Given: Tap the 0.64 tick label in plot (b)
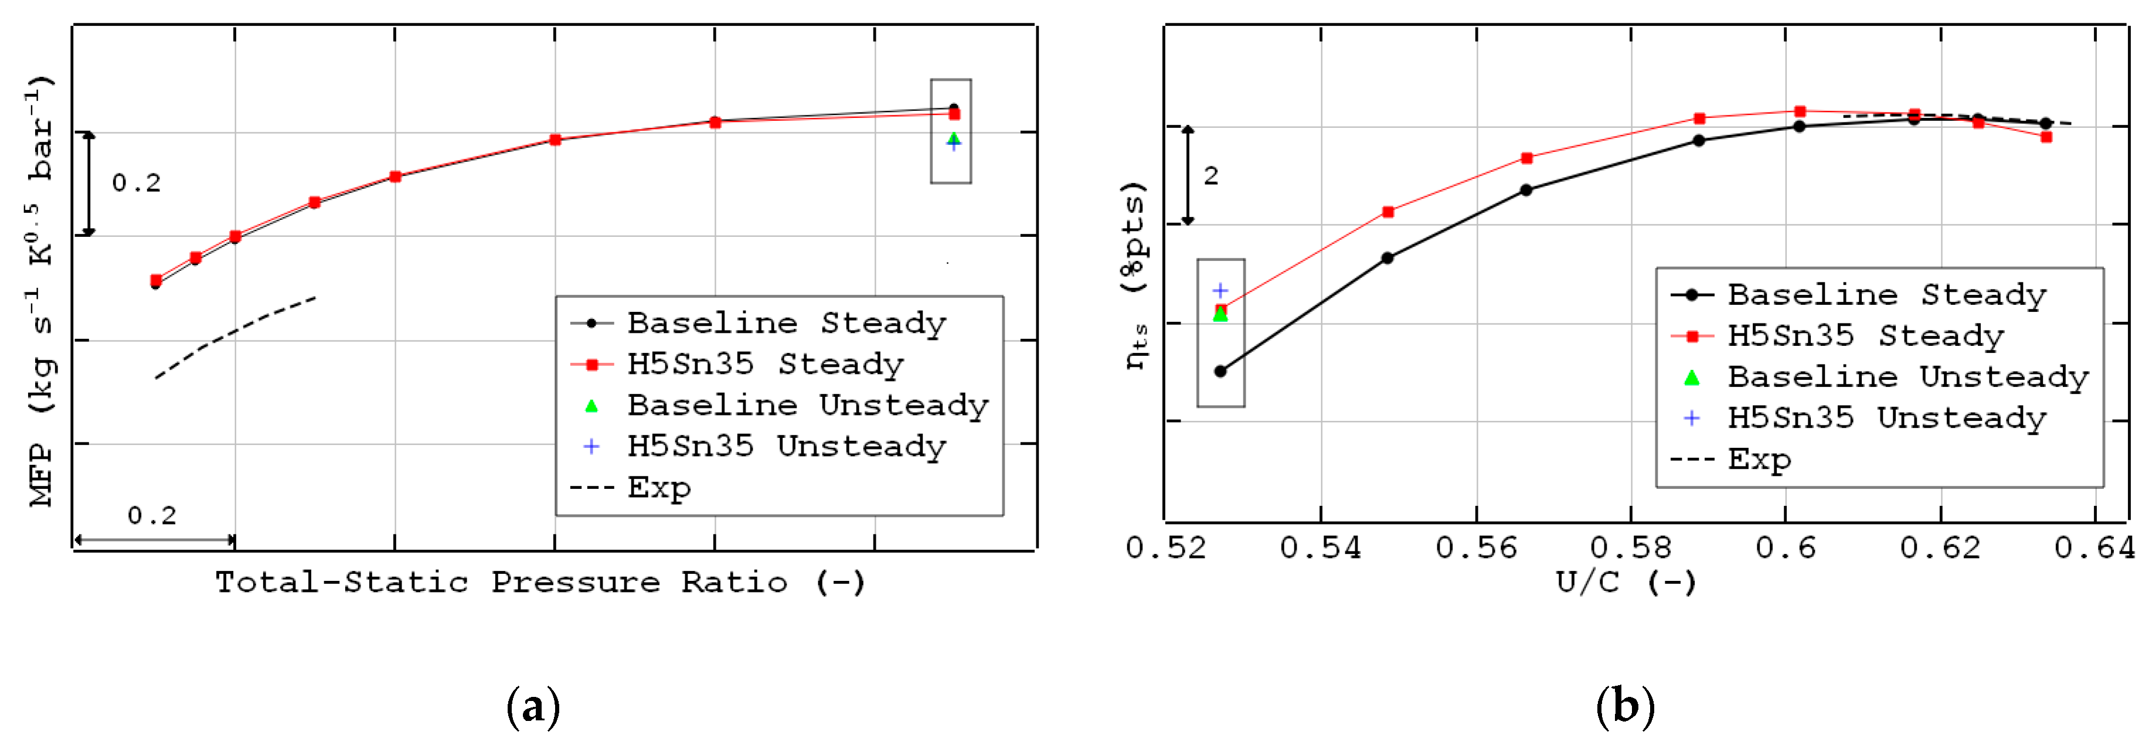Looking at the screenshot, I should point(2095,548).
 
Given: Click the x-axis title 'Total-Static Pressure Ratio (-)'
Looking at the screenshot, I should point(540,582).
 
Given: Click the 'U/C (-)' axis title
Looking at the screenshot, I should point(1625,582).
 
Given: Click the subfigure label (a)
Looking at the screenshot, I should point(533,707).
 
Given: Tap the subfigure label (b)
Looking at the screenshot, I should point(1624,707).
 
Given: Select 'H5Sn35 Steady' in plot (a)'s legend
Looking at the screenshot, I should point(765,365).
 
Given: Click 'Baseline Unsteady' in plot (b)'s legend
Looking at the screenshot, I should point(1907,377).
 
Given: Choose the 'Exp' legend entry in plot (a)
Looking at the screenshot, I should point(659,488).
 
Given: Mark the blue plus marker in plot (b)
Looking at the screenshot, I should point(1220,290).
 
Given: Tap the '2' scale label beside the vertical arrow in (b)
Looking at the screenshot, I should point(1210,176).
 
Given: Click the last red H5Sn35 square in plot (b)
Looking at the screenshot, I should point(2046,137).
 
